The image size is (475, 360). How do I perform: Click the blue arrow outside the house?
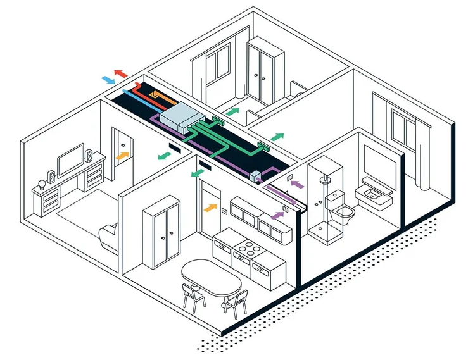109,80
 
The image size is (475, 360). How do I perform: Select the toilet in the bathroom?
342,211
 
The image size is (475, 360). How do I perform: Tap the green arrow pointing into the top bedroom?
233,111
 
